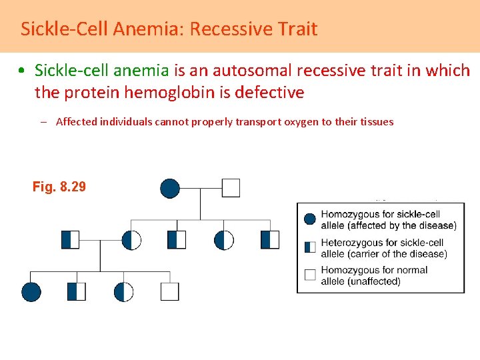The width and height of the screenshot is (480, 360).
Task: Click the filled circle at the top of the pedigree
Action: [170, 188]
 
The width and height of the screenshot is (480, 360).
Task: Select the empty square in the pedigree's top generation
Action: [231, 188]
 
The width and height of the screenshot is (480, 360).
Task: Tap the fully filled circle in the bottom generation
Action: [31, 292]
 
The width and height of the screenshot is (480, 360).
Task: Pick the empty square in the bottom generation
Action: [170, 292]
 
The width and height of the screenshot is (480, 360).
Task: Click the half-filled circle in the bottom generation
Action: [124, 292]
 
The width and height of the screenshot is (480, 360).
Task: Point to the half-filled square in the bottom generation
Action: [77, 292]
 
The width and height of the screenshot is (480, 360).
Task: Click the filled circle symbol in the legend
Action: [309, 219]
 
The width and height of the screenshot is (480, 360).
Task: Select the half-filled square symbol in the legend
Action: [309, 247]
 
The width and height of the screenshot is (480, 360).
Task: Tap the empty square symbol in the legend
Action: [309, 275]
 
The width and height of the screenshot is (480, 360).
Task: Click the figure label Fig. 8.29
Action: [59, 187]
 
